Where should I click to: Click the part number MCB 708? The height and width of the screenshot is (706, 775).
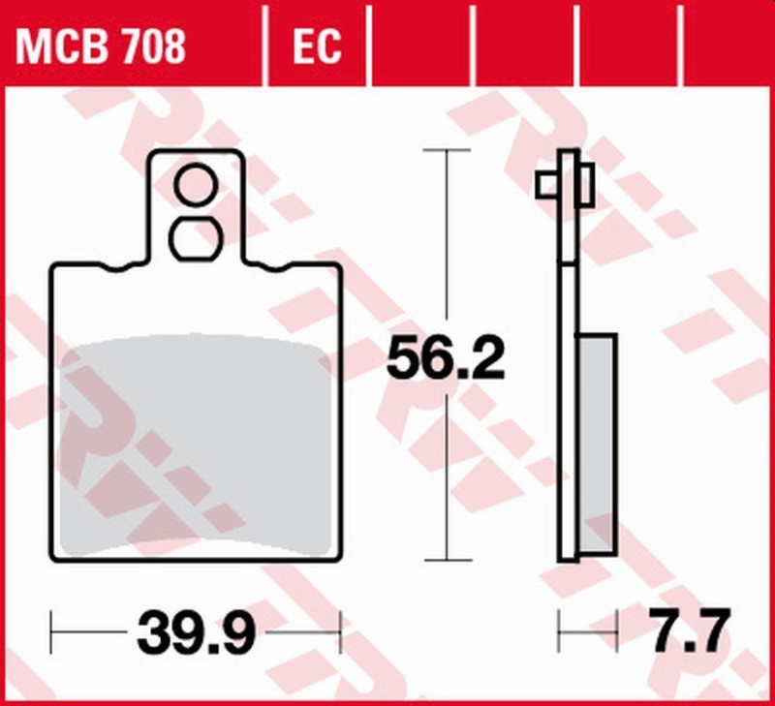point(101,46)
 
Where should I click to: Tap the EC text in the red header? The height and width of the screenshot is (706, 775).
point(316,46)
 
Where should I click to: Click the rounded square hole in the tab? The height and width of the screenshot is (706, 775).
point(196,238)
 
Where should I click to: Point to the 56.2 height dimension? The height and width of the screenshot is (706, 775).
point(446,360)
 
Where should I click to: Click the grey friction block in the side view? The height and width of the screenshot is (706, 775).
point(597,443)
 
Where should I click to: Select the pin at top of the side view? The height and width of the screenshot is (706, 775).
point(565,183)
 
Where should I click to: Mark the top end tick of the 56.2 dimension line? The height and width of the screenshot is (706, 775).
point(447,151)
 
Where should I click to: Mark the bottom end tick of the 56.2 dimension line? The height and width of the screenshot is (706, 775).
point(447,560)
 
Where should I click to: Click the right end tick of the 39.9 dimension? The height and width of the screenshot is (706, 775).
point(340,632)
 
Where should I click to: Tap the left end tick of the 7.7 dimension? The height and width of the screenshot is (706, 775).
point(559,632)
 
